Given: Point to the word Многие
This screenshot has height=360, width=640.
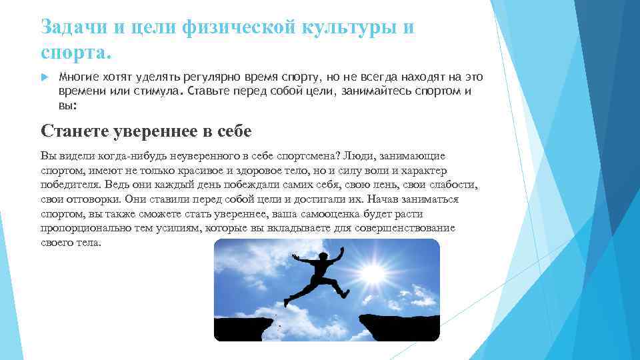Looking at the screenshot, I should click(x=78, y=79).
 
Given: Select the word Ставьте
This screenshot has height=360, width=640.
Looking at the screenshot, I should click(x=210, y=91).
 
